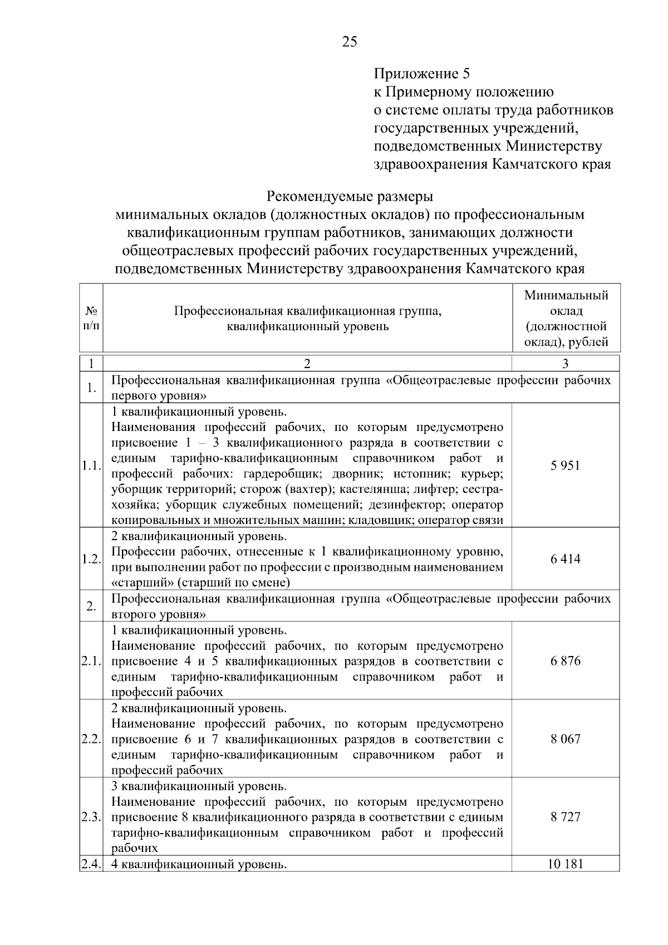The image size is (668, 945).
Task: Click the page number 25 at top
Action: click(350, 42)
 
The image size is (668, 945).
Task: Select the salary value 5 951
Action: click(565, 466)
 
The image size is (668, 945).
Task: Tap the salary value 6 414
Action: click(565, 559)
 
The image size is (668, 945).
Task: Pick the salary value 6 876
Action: click(565, 661)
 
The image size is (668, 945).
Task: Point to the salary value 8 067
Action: click(565, 739)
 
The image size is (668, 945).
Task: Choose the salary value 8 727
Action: click(565, 817)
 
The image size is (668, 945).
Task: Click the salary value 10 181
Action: click(565, 864)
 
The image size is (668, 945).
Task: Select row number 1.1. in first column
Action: click(91, 466)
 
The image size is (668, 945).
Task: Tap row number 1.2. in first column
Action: click(91, 559)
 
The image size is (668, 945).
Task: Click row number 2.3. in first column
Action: click(91, 817)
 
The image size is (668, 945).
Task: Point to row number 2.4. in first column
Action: click(91, 864)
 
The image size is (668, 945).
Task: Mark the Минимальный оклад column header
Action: click(566, 319)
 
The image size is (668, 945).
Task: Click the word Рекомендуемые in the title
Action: click(316, 197)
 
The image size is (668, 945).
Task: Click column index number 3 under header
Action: click(565, 364)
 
